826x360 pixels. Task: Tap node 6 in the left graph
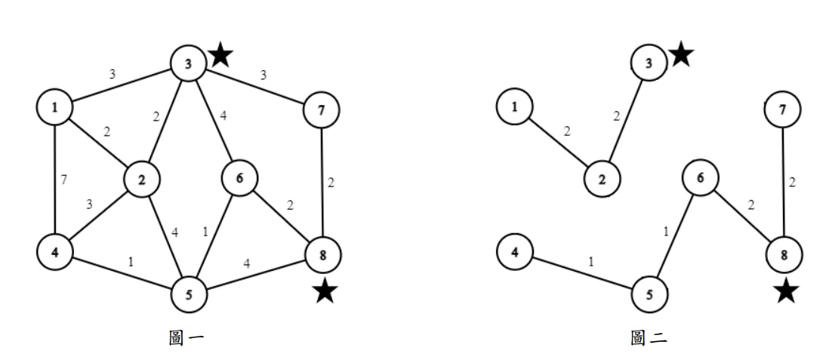239,178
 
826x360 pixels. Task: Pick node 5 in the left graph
190,294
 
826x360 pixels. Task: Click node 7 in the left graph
321,111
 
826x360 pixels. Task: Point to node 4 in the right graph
515,251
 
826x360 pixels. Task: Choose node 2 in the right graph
602,179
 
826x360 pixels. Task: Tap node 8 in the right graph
784,254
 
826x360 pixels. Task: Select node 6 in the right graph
700,177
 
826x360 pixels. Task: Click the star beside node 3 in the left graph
220,54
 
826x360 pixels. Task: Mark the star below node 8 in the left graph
325,291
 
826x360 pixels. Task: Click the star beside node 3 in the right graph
681,54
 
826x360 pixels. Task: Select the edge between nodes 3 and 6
214,121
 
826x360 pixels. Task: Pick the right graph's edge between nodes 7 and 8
783,182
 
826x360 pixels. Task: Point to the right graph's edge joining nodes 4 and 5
581,270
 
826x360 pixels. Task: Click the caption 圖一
185,338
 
